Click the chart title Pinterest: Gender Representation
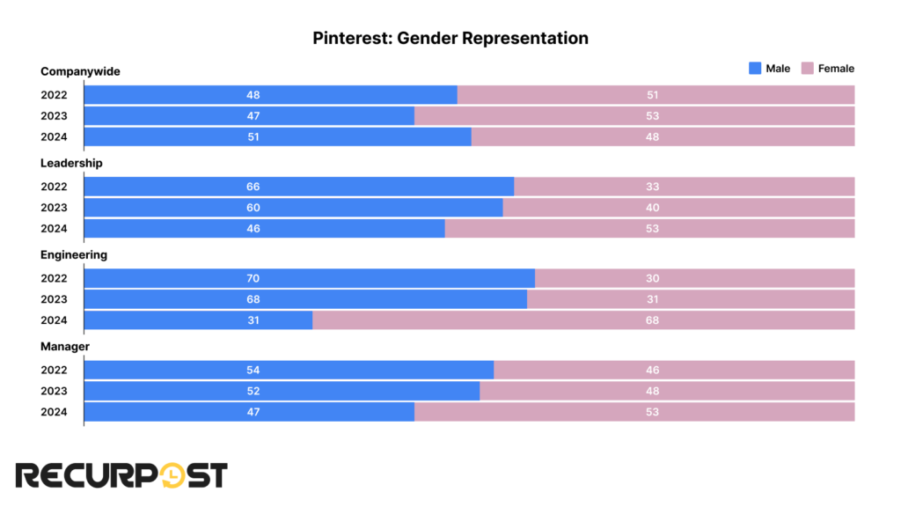pyautogui.click(x=450, y=39)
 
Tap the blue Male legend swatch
pyautogui.click(x=754, y=69)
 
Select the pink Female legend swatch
pyautogui.click(x=807, y=69)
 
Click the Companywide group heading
pyautogui.click(x=80, y=71)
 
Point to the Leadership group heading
pyautogui.click(x=71, y=163)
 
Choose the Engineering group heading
pyautogui.click(x=74, y=254)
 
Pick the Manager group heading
pyautogui.click(x=65, y=347)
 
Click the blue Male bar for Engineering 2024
pyautogui.click(x=198, y=320)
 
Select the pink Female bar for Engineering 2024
pyautogui.click(x=583, y=320)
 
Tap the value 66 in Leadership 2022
pyautogui.click(x=253, y=187)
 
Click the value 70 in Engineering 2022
pyautogui.click(x=253, y=278)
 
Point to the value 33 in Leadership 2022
pyautogui.click(x=652, y=187)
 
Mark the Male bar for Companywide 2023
pyautogui.click(x=249, y=116)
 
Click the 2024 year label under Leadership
pyautogui.click(x=54, y=229)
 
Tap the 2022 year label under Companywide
pyautogui.click(x=54, y=95)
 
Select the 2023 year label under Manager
pyautogui.click(x=54, y=391)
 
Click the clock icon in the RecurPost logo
pyautogui.click(x=175, y=475)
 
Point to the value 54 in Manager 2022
pyautogui.click(x=253, y=370)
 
